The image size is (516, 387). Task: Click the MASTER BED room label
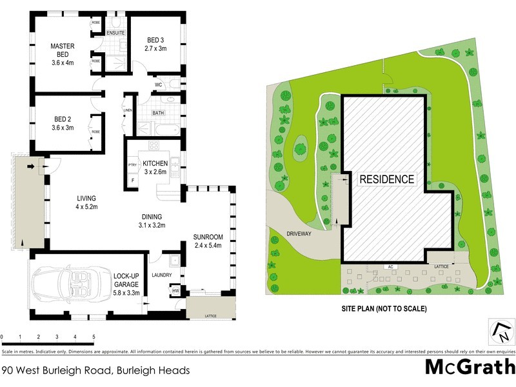pos(63,50)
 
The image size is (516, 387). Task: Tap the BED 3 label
pos(156,43)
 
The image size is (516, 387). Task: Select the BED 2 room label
pos(63,123)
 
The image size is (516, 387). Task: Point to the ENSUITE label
pos(115,33)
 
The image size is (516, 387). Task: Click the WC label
pos(157,85)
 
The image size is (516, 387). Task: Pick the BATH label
pos(157,113)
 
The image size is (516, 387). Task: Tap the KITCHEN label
pos(155,163)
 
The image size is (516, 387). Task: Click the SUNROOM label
pos(208,237)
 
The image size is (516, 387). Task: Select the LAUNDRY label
pos(161,275)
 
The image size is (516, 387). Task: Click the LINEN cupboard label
pos(128,110)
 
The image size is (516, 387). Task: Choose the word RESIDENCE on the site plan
pos(386,180)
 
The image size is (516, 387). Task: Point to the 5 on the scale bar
pos(94,337)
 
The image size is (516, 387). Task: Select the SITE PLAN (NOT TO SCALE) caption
pos(384,309)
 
